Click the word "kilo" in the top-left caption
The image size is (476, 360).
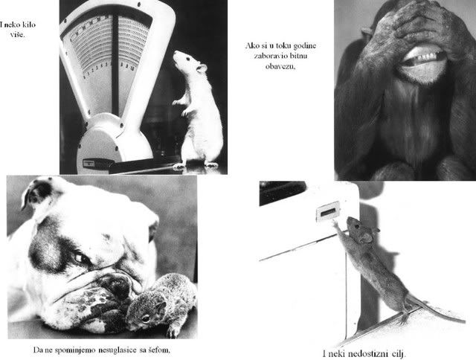[x=29, y=25]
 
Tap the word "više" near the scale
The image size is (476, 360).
[x=17, y=34]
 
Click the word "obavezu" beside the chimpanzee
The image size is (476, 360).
[x=280, y=66]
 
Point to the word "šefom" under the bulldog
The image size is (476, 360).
[x=160, y=350]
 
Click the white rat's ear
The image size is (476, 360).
[x=201, y=68]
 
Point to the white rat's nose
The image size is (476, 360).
[x=176, y=54]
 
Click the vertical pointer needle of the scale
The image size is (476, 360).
[x=115, y=64]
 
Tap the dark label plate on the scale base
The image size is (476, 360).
[x=89, y=163]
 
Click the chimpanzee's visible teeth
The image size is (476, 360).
[x=423, y=56]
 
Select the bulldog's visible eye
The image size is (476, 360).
[x=80, y=258]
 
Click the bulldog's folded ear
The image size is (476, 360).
[x=37, y=193]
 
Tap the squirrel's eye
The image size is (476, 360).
[x=146, y=318]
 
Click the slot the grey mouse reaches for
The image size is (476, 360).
[x=327, y=211]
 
